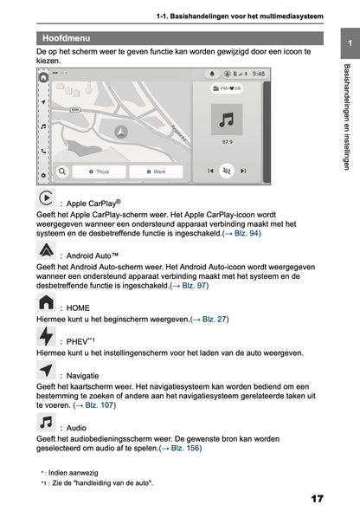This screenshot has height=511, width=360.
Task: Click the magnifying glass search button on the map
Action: (63, 171)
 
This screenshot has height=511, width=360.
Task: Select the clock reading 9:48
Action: (259, 74)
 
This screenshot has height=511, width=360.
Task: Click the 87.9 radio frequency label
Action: (227, 141)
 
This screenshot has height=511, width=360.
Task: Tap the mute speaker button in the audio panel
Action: (227, 171)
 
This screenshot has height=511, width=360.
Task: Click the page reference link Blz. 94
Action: (243, 234)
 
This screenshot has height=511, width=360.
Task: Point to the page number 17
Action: (316, 500)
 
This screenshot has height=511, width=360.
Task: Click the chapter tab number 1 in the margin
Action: (348, 42)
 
